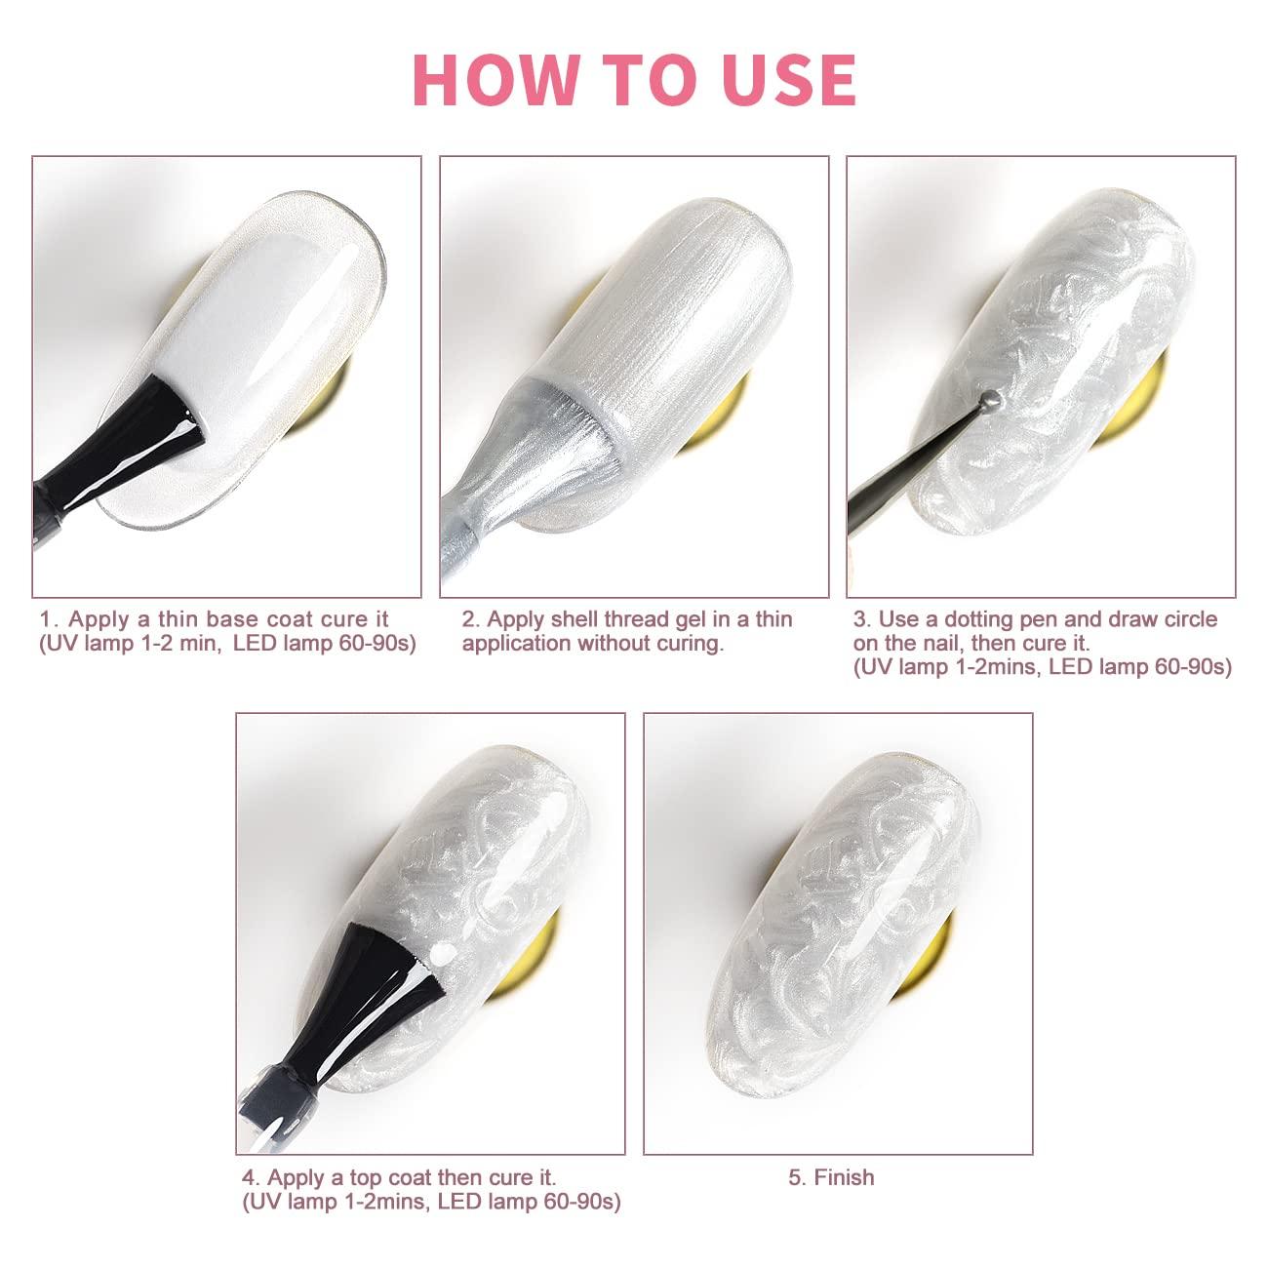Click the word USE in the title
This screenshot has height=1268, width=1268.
[788, 80]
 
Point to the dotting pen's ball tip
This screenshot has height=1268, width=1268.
[991, 398]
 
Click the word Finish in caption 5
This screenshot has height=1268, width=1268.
[845, 1177]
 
